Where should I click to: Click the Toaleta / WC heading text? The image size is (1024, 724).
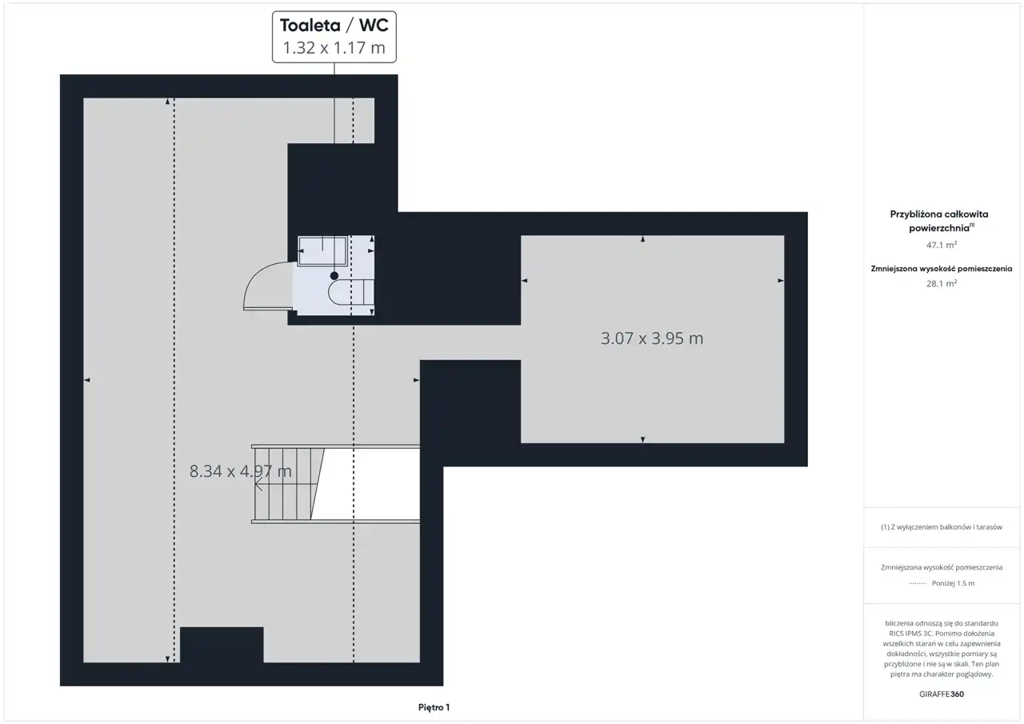click(334, 26)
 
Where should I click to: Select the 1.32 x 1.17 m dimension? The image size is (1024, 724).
click(334, 47)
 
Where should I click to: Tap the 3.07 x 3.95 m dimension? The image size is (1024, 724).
click(652, 338)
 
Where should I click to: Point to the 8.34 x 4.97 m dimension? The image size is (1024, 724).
click(241, 470)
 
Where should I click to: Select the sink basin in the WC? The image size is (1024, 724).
click(322, 250)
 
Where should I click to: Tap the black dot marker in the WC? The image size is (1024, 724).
click(334, 276)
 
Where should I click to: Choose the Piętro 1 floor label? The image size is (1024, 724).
click(434, 707)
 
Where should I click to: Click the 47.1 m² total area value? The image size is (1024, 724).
click(942, 245)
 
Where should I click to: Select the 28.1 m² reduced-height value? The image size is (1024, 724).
click(942, 283)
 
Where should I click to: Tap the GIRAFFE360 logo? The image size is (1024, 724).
click(942, 694)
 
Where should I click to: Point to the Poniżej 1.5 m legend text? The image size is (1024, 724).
click(953, 583)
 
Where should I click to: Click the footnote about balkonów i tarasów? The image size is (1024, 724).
click(942, 527)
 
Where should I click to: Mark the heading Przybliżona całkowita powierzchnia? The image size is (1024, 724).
click(939, 221)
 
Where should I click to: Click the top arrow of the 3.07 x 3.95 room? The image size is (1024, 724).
click(642, 239)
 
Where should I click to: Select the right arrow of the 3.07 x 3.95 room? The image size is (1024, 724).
click(781, 281)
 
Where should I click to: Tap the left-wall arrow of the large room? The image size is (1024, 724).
click(87, 380)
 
